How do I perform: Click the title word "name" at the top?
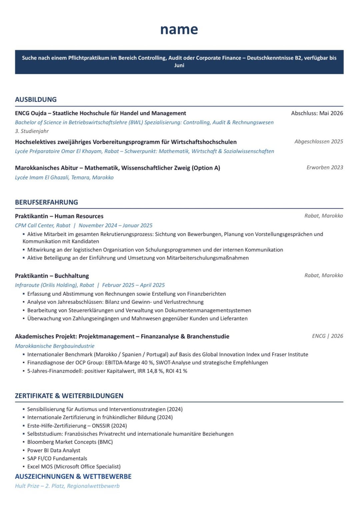tap(179, 29)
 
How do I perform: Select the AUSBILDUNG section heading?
tap(36, 99)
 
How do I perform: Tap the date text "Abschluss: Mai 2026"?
tap(317, 113)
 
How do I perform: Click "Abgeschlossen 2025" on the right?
tap(318, 141)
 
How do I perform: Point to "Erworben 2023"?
tap(324, 167)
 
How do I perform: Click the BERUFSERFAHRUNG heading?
tap(46, 202)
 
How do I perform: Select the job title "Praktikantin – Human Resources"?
tap(59, 216)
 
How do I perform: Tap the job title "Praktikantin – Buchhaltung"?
tap(52, 276)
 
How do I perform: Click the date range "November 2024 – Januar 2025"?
tap(115, 225)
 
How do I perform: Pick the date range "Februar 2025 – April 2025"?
tap(133, 285)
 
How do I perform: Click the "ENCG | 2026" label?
tap(327, 336)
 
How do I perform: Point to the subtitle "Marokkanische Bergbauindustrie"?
tap(55, 346)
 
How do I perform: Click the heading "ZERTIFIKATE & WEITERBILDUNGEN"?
tap(69, 396)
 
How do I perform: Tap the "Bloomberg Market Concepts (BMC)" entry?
tap(70, 442)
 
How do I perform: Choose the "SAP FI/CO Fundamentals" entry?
tap(57, 458)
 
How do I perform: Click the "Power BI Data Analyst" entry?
tap(54, 450)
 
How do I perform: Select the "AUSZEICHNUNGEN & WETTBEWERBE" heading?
tap(73, 476)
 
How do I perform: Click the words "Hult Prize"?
tap(27, 486)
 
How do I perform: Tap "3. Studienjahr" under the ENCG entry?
tap(32, 131)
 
